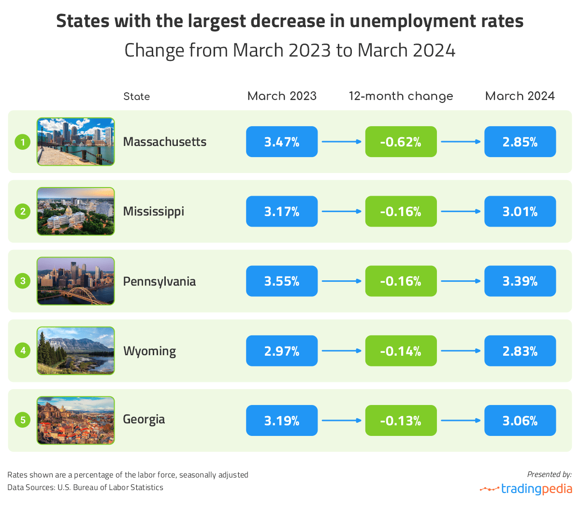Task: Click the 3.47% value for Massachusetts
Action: point(282,142)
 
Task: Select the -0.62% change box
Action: point(401,142)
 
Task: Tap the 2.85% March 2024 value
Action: point(520,142)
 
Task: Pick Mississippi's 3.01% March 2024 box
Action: point(520,211)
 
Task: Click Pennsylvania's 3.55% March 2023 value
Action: point(282,281)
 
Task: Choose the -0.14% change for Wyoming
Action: point(401,351)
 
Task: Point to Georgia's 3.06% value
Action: point(520,420)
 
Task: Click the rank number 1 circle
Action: point(23,142)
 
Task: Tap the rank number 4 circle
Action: point(23,350)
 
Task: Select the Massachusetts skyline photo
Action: point(76,142)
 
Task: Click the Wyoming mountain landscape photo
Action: point(76,350)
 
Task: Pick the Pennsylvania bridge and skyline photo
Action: point(76,281)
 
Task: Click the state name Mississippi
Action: point(154,212)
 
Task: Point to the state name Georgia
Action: point(144,419)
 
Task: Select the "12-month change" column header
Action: point(401,96)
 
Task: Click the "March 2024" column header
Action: point(520,96)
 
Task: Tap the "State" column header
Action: point(136,96)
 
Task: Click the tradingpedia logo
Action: point(526,489)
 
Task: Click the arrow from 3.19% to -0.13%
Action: point(341,420)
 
